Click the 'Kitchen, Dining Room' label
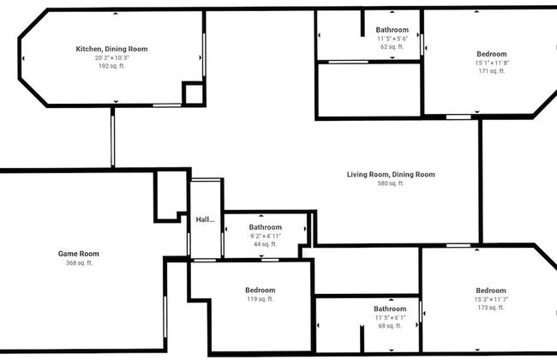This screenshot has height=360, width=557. (x=111, y=49)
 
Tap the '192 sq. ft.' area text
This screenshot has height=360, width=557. (x=111, y=65)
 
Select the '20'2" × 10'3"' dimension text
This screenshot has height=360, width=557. (x=111, y=57)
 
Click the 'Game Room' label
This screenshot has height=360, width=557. (x=79, y=254)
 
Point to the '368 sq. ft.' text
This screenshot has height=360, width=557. (x=79, y=262)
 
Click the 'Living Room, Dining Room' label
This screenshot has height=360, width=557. (x=390, y=175)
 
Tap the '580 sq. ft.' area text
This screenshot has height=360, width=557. (x=390, y=183)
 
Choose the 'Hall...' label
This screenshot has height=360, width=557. (x=205, y=220)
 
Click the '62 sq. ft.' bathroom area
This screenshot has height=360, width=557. (x=392, y=47)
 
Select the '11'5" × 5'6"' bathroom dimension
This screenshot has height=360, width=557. (x=392, y=39)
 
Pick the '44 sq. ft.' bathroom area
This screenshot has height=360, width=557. (x=266, y=244)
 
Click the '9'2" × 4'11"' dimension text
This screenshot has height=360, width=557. (x=266, y=236)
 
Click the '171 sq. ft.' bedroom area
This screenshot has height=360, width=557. (x=491, y=71)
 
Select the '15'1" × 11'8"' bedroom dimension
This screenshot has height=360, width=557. (x=491, y=63)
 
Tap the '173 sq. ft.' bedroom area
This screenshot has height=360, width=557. (x=491, y=307)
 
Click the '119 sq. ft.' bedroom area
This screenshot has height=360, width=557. (x=260, y=299)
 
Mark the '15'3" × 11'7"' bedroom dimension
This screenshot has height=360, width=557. (x=491, y=298)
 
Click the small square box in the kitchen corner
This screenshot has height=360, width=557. (x=193, y=93)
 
